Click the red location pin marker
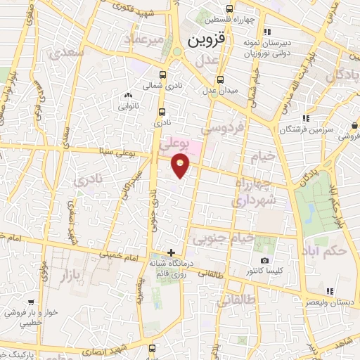coord(181,166)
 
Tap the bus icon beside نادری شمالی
coord(163,75)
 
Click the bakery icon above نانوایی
coord(128,96)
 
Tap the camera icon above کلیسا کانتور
coord(265,261)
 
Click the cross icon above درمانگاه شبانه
coord(171,252)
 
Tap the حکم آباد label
coord(328,251)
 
